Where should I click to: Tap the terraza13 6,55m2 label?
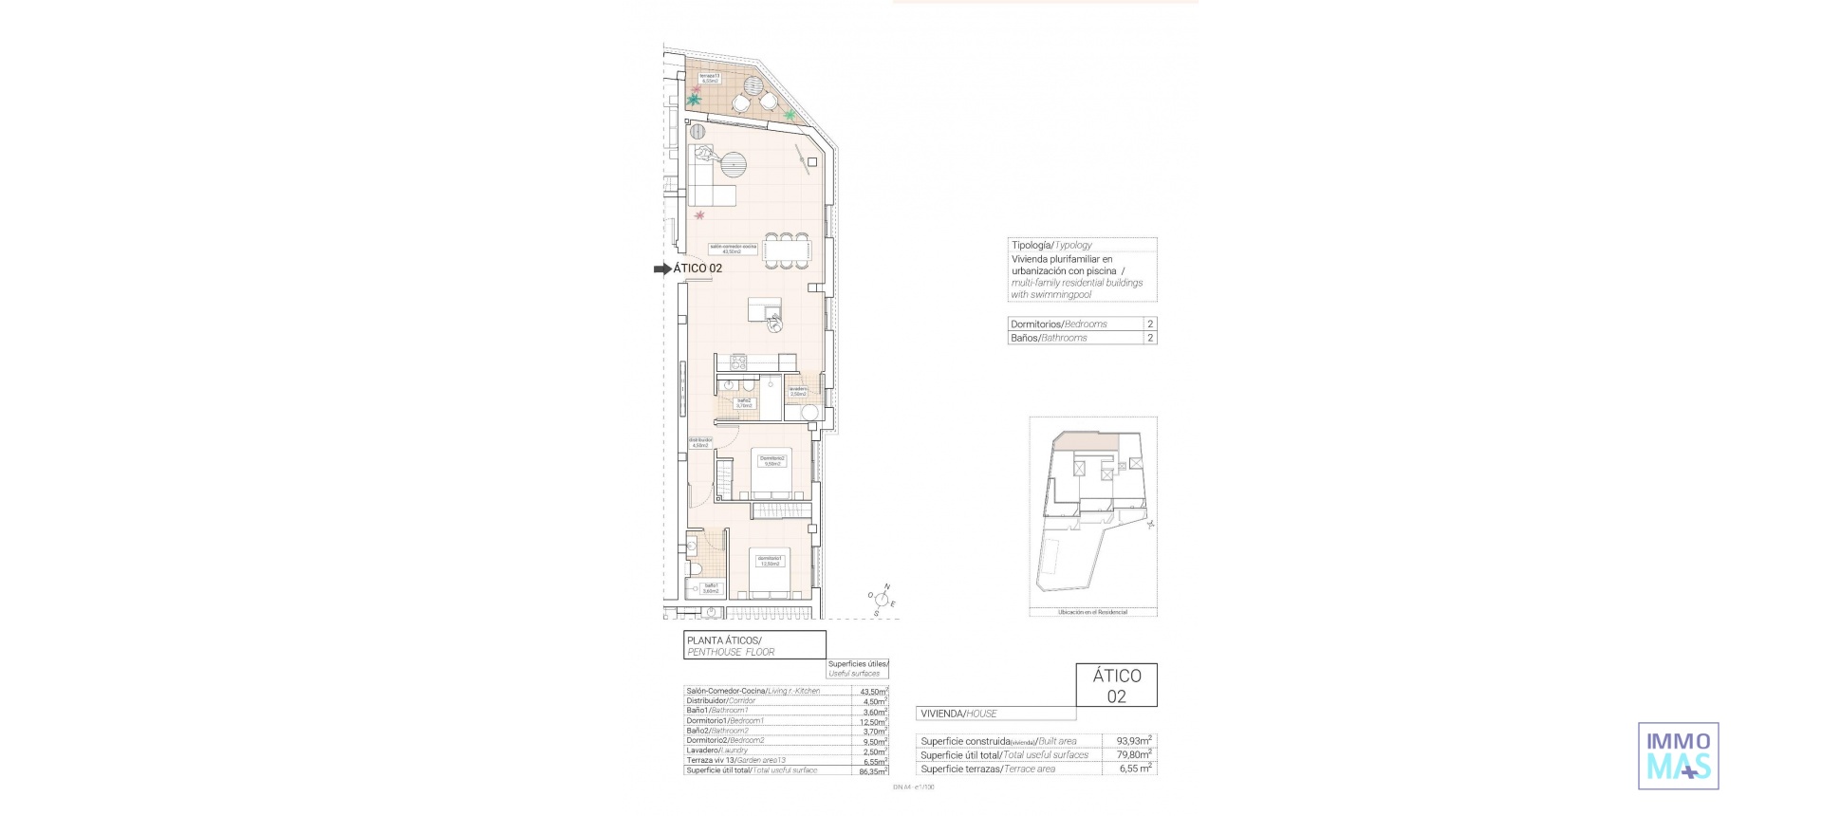[x=709, y=79]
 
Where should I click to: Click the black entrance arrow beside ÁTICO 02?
[x=662, y=269]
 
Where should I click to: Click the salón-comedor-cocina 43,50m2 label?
[x=733, y=250]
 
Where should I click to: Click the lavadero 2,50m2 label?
[x=798, y=391]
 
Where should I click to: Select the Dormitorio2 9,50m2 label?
[x=772, y=461]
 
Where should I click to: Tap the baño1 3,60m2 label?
[x=710, y=588]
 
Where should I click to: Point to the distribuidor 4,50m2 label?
[x=700, y=442]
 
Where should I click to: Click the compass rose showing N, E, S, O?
[x=882, y=600]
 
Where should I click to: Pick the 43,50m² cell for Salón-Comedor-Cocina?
[x=872, y=692]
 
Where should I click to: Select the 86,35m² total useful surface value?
[x=872, y=770]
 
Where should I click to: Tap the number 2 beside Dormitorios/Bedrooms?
[x=1150, y=324]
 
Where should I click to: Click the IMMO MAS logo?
[x=1678, y=756]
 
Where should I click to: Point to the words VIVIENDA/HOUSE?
[x=958, y=714]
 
